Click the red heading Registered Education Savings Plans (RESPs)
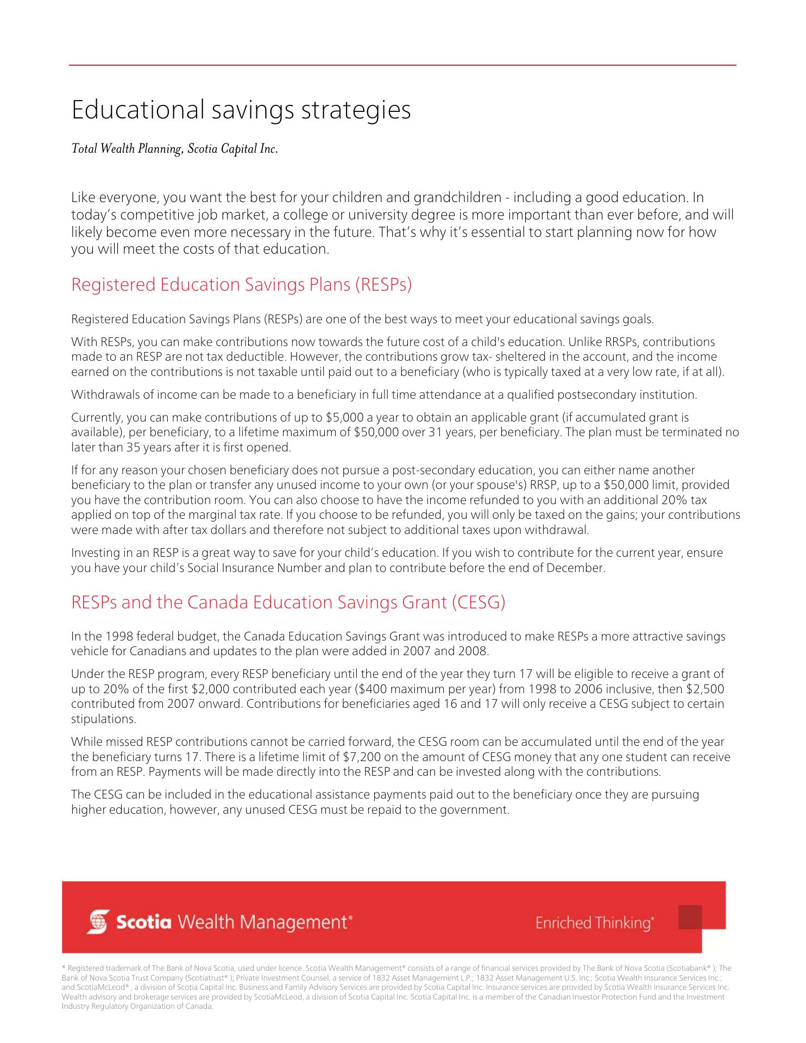click(241, 285)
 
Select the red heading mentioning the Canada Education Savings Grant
click(288, 602)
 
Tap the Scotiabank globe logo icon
click(98, 922)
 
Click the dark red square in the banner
click(690, 918)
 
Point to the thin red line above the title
click(402, 65)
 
